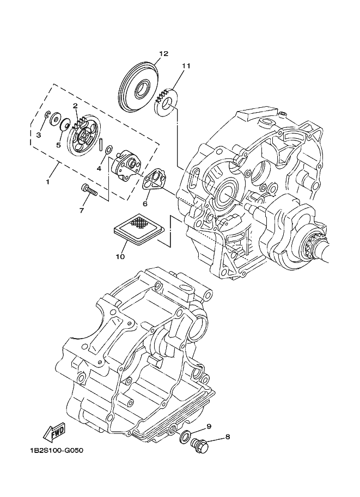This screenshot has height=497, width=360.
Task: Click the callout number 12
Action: pyautogui.click(x=163, y=53)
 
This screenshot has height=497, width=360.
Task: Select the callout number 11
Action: pyautogui.click(x=186, y=66)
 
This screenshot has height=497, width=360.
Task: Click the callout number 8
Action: pyautogui.click(x=228, y=436)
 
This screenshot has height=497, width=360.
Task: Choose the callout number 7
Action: pyautogui.click(x=82, y=210)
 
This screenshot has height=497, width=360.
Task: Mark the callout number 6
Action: pyautogui.click(x=145, y=204)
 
